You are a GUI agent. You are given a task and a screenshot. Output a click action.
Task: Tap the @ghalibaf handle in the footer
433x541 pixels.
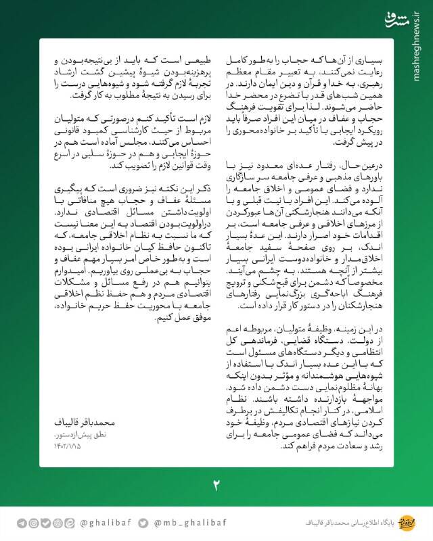[x=103, y=523]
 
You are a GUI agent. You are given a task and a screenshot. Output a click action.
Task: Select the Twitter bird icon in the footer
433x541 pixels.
[x=143, y=523]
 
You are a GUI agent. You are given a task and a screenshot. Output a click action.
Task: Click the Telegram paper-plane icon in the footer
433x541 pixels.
[x=22, y=523]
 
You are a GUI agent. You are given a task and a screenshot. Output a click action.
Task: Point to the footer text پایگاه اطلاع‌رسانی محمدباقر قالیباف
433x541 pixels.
[x=345, y=523]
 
